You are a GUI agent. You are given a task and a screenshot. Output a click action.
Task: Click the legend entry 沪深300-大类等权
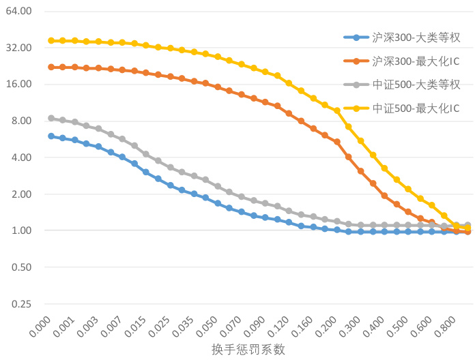pyautogui.click(x=416, y=37)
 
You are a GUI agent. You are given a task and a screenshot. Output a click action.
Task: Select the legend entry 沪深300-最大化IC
pyautogui.click(x=416, y=61)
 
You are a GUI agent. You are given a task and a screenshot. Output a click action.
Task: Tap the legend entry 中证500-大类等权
pyautogui.click(x=416, y=85)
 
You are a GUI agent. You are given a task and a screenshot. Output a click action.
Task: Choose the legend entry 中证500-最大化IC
pyautogui.click(x=416, y=108)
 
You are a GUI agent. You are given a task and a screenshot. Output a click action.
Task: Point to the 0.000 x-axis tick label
pyautogui.click(x=42, y=323)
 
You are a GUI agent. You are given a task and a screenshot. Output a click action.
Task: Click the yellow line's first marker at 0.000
pyautogui.click(x=51, y=41)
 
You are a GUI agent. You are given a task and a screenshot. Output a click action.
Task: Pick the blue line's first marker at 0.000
pyautogui.click(x=51, y=136)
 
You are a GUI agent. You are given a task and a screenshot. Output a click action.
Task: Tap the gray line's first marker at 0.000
pyautogui.click(x=51, y=118)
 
